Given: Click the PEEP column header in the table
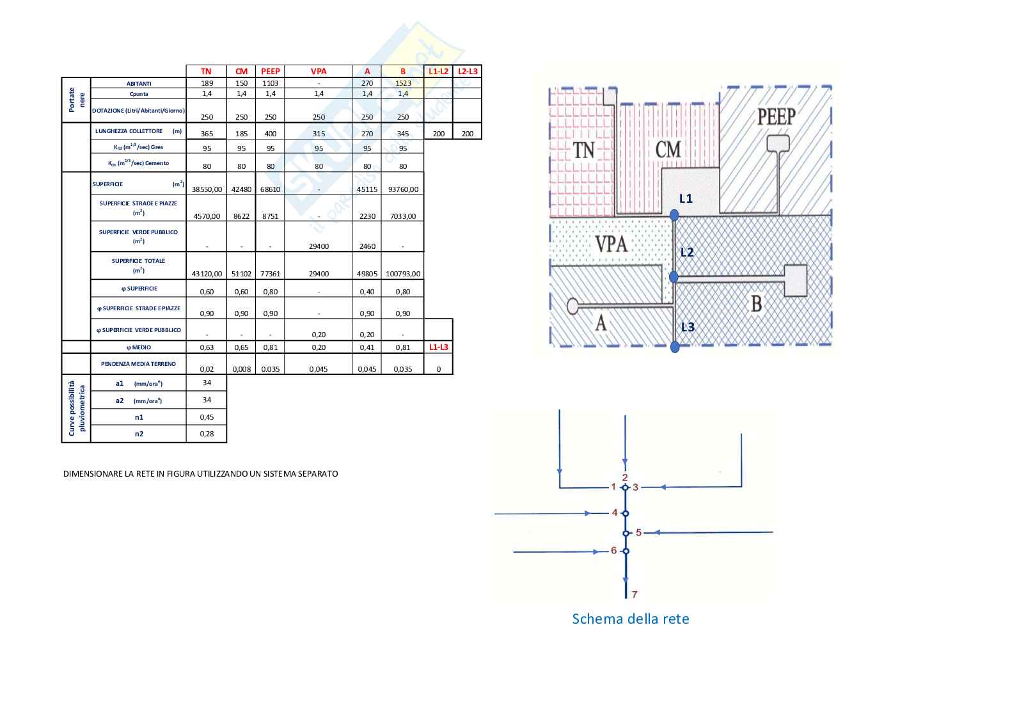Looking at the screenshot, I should [271, 71].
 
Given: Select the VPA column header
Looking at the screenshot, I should [319, 71].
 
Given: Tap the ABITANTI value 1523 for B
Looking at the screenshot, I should [403, 83].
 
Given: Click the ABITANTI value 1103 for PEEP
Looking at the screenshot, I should [271, 83].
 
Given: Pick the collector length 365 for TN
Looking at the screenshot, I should [207, 134].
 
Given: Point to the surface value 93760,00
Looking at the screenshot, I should [403, 189].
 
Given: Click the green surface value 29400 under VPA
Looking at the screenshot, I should [319, 246].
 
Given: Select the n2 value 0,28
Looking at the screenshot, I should [207, 434].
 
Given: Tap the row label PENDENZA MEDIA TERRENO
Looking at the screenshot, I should [138, 363].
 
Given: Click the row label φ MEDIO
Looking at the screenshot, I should [138, 347].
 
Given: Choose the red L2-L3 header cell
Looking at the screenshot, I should [468, 71].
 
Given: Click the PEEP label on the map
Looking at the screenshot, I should [776, 117].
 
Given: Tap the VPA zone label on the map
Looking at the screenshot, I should [611, 244].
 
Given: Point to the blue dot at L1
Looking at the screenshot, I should [674, 216].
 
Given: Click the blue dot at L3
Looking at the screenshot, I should [675, 347].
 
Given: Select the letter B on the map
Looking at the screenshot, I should [756, 303].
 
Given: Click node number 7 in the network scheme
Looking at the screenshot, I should [635, 594].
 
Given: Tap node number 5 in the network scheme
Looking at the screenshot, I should [638, 532].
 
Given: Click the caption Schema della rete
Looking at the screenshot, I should [630, 619].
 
